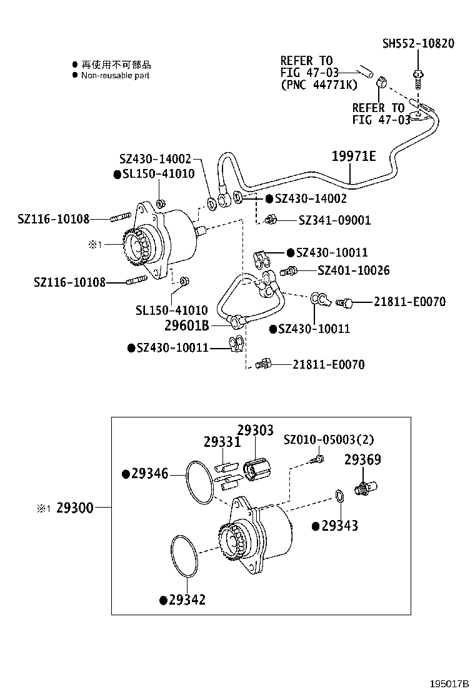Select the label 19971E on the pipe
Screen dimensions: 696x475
coord(353,156)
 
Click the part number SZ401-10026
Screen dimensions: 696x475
coord(353,270)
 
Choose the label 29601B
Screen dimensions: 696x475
coord(186,325)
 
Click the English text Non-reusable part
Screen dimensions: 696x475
coord(115,75)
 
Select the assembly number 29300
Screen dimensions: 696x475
coord(74,508)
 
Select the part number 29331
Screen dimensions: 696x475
coord(222,442)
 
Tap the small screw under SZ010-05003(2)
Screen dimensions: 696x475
coord(316,460)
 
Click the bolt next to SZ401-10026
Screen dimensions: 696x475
coord(288,272)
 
